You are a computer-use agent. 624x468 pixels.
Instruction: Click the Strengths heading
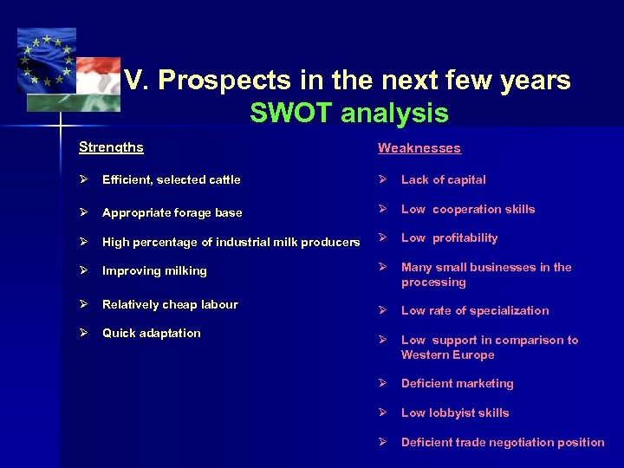click(x=111, y=147)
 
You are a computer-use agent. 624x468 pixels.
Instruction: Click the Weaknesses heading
click(x=419, y=148)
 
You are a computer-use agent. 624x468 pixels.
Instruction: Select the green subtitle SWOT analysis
click(x=348, y=114)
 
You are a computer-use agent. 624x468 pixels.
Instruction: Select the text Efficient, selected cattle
click(x=171, y=180)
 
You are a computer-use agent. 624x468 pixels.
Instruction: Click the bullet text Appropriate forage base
click(x=172, y=212)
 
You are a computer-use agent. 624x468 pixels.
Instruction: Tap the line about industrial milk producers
click(x=231, y=242)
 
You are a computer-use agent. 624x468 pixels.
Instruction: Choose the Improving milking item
click(x=154, y=271)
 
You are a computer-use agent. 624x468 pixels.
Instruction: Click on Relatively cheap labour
click(x=170, y=304)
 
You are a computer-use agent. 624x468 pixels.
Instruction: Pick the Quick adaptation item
click(x=151, y=334)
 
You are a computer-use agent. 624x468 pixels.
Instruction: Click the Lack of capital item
click(x=443, y=180)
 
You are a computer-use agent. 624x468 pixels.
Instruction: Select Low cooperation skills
click(x=468, y=209)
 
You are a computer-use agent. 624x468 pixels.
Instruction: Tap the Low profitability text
click(x=449, y=238)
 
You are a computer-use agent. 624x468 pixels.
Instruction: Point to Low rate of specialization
click(x=475, y=310)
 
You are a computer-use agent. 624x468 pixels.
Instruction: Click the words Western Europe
click(x=447, y=354)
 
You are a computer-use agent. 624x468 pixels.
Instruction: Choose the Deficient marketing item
click(x=457, y=383)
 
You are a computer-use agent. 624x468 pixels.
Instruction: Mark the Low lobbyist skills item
click(x=455, y=413)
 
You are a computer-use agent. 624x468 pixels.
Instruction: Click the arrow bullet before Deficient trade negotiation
click(x=383, y=442)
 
